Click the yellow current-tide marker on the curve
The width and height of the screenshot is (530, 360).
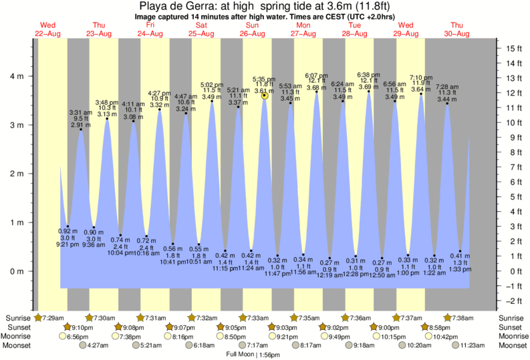click(x=265, y=96)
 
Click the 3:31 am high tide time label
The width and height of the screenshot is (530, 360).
click(x=80, y=113)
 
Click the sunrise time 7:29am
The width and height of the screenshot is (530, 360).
click(x=53, y=318)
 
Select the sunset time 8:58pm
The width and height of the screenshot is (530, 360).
click(x=442, y=327)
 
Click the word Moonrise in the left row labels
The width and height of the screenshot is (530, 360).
click(x=17, y=337)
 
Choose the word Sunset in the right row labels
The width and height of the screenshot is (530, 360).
click(x=512, y=327)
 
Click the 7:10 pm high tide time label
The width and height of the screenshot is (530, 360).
click(x=420, y=77)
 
